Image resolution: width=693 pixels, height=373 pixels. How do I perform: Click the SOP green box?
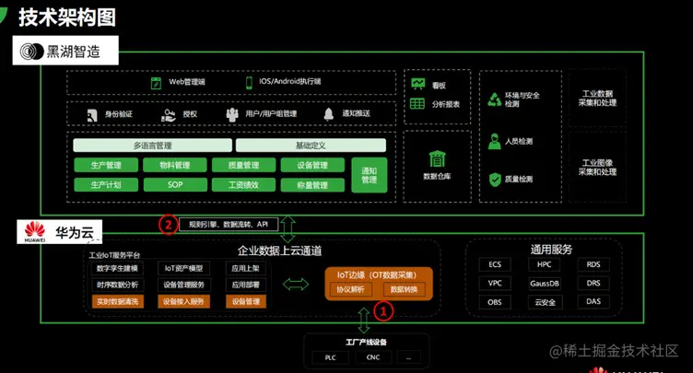[175, 185]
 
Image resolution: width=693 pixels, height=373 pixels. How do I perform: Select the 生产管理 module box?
[105, 166]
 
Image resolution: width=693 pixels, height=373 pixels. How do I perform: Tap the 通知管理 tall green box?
[370, 175]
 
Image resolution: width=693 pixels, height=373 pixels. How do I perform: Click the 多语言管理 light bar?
[152, 146]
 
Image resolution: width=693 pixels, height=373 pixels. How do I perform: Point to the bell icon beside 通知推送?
[328, 114]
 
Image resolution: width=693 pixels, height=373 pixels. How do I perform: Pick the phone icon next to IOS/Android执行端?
[249, 82]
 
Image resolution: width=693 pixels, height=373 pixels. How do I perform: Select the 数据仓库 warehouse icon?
[437, 159]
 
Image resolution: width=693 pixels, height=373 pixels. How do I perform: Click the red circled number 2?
[168, 224]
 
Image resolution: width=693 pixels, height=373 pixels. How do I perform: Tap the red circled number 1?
[386, 311]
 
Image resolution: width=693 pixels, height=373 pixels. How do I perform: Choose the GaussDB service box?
[545, 284]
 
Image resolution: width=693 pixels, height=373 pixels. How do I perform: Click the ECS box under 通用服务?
[495, 265]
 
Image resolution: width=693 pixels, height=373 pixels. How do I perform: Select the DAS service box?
[593, 302]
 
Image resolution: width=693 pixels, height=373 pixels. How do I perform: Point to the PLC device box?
[330, 357]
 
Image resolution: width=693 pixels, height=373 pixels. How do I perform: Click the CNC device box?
[372, 357]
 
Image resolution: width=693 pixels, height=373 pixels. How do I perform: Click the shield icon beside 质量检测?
[495, 180]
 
